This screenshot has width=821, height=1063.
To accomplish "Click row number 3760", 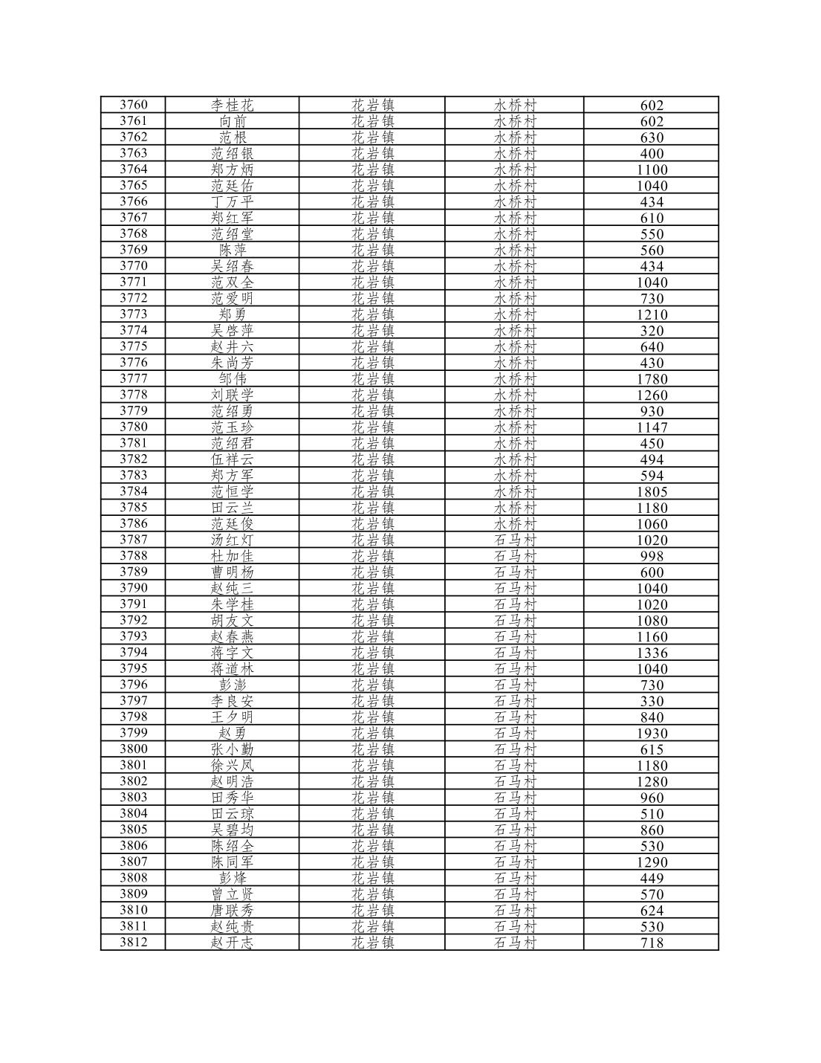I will click(134, 105).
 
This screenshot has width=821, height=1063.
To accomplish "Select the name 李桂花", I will click(232, 106).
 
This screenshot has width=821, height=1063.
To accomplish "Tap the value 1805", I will click(652, 492).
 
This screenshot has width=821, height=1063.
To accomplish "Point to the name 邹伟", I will click(232, 379).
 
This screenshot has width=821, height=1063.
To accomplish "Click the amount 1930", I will click(652, 734).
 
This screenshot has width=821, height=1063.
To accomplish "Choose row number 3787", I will click(134, 540).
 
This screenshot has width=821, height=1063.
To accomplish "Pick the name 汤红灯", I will click(232, 540).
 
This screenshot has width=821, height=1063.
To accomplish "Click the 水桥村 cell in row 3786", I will click(515, 524).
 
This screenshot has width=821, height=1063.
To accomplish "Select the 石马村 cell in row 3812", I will click(515, 943).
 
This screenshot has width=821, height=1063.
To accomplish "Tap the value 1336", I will click(652, 653).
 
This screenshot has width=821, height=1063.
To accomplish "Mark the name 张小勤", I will click(232, 750).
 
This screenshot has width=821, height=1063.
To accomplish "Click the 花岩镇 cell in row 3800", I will click(372, 750).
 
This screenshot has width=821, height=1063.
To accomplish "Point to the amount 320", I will click(652, 331).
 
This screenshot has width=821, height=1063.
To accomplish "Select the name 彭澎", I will click(232, 685).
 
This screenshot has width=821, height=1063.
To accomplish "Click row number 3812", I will click(134, 943).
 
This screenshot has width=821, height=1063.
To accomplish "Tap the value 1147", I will click(652, 427).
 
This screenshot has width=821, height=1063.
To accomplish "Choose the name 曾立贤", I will click(232, 895).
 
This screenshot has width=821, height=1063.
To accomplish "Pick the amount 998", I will click(652, 557).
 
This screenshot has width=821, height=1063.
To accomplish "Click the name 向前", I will click(232, 122).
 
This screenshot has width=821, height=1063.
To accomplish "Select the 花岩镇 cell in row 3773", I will click(372, 314).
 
